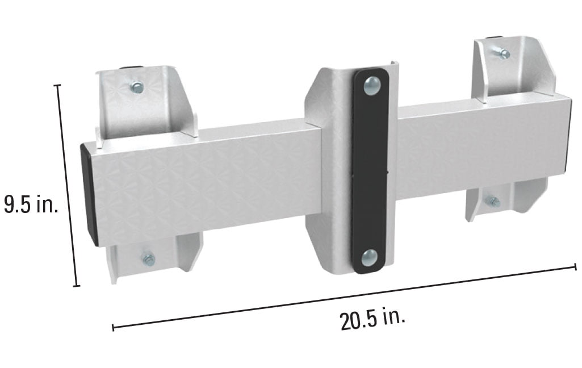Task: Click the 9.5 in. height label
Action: (x=31, y=204)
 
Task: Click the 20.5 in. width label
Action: (x=372, y=319)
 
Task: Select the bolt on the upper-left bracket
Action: (x=137, y=87)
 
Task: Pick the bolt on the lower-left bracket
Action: (x=149, y=259)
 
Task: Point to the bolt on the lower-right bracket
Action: (x=493, y=200)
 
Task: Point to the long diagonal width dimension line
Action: (x=341, y=298)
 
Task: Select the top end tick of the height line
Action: (x=57, y=85)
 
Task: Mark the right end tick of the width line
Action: (x=575, y=267)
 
